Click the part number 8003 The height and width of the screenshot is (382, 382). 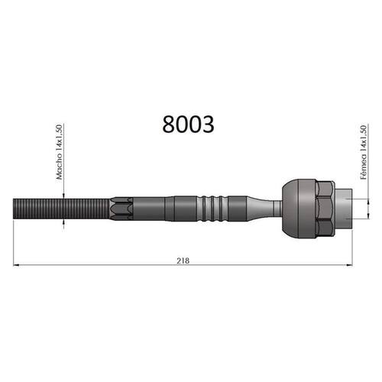click(x=188, y=125)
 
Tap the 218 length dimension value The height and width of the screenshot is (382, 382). click(x=183, y=261)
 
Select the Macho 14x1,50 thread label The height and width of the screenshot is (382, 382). click(x=59, y=152)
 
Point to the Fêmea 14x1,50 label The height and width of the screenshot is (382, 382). click(x=364, y=152)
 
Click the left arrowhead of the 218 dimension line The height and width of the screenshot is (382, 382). click(x=16, y=265)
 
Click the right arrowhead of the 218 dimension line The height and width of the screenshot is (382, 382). click(x=349, y=265)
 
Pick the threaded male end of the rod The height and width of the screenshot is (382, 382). click(x=61, y=209)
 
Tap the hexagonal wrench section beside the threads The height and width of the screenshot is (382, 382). click(x=121, y=209)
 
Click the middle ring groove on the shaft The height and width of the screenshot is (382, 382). click(x=212, y=209)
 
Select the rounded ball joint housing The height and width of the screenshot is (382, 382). click(x=299, y=209)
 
